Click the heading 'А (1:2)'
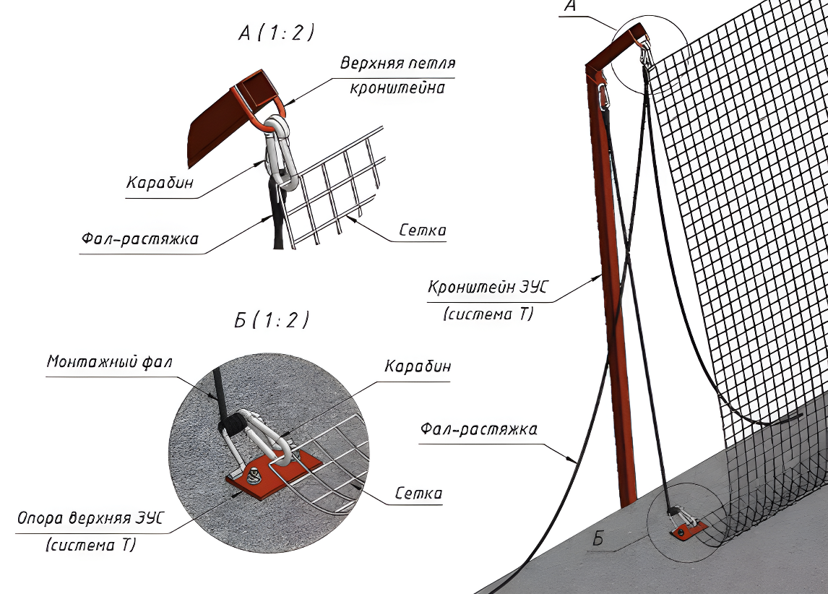click(277, 34)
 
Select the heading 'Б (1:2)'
click(272, 321)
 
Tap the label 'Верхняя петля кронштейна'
click(397, 75)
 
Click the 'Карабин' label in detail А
click(160, 183)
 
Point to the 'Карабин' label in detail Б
click(418, 367)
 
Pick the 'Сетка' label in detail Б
click(418, 494)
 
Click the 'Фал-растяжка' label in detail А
click(138, 238)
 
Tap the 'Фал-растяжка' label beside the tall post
click(479, 430)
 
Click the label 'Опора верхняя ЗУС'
click(90, 518)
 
